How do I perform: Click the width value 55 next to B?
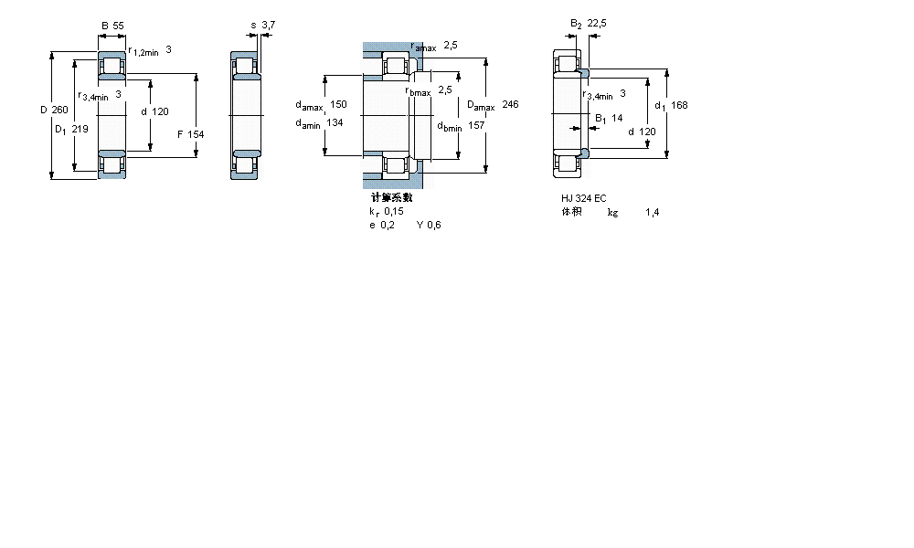pos(118,26)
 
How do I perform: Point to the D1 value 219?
pos(80,129)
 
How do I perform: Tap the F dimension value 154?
pos(196,134)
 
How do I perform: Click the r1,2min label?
pos(143,51)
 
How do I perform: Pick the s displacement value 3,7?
pos(268,25)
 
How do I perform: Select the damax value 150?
pos(339,104)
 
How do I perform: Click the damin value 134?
pos(335,123)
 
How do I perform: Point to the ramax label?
pos(423,47)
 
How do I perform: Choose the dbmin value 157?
pos(475,125)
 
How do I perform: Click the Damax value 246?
pos(510,105)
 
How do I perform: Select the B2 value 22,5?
pos(598,24)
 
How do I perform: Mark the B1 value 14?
pos(616,118)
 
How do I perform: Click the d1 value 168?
pos(679,105)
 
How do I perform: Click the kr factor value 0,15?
pos(394,211)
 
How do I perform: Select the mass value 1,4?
pos(652,212)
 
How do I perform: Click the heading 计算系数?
pos(391,197)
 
